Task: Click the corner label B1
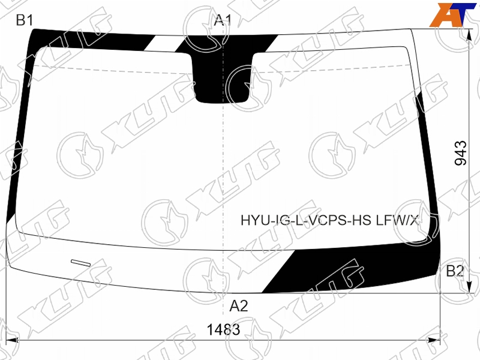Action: tap(24, 20)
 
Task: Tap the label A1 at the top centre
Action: tap(223, 20)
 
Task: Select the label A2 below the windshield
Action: tap(239, 305)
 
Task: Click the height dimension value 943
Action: tap(461, 153)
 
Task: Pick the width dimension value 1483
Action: tap(223, 329)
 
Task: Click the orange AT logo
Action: tap(452, 14)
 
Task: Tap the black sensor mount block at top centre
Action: tap(223, 77)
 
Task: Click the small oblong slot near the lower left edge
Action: tap(81, 263)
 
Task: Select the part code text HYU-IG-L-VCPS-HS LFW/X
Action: tap(329, 220)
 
